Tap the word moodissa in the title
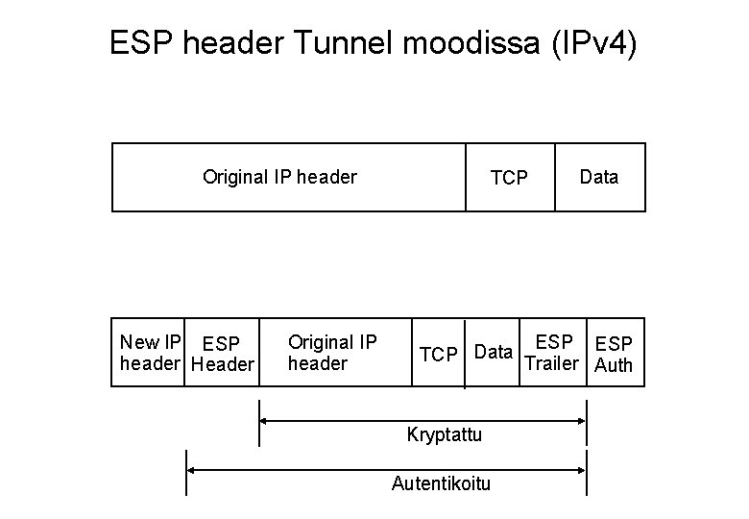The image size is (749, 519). tap(459, 43)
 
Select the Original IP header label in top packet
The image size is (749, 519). tap(279, 177)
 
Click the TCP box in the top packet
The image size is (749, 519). tap(509, 178)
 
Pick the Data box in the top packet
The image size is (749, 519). tap(599, 177)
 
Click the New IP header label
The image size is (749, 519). tap(150, 353)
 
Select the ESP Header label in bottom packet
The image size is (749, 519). tap(222, 354)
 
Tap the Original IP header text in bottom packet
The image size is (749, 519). tap(332, 353)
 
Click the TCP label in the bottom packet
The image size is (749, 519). tap(438, 354)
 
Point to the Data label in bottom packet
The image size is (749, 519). tap(494, 352)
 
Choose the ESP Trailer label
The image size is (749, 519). tap(553, 353)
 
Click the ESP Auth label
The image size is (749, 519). tap(615, 354)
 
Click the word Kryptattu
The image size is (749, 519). tap(444, 434)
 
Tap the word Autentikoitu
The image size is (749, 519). tap(441, 483)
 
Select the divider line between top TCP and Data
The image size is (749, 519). tap(555, 177)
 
